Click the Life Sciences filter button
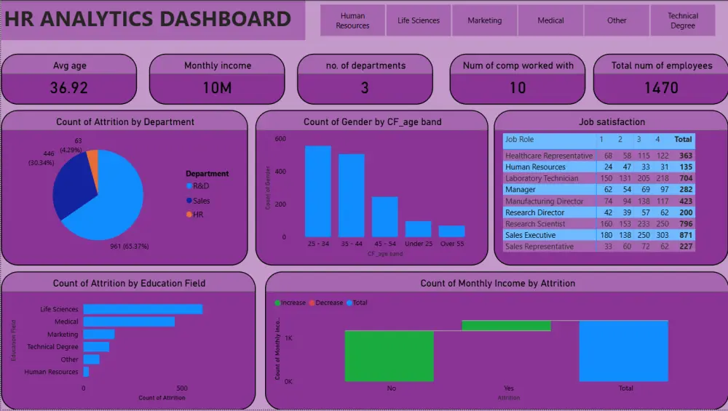coord(419,20)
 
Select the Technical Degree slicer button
coord(682,20)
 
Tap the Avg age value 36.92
coord(68,89)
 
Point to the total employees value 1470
coord(661,89)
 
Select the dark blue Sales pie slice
coord(68,185)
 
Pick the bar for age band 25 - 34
coord(317,191)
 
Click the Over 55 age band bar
coord(451,231)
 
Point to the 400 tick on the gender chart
coord(280,172)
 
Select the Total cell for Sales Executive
coord(683,235)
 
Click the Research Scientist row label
coord(535,224)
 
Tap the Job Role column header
coord(520,139)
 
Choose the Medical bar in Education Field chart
coord(129,322)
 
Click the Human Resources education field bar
coord(86,372)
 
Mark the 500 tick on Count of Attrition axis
coord(182,388)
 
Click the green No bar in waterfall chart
coord(389,356)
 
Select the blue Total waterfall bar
coord(623,351)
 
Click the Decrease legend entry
coord(328,303)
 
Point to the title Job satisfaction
coord(612,122)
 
